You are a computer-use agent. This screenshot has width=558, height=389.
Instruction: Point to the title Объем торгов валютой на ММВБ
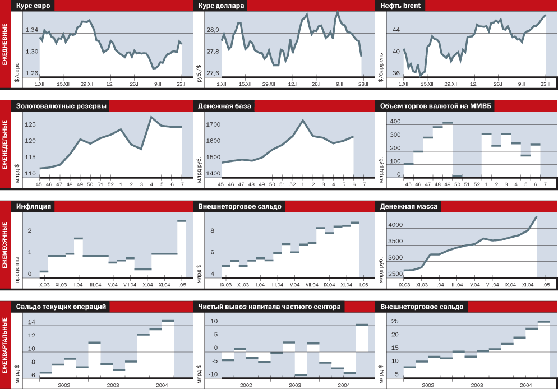[x=436, y=106]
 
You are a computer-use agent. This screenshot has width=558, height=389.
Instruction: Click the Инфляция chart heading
[x=34, y=206]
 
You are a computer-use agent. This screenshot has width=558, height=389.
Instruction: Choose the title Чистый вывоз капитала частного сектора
[x=269, y=307]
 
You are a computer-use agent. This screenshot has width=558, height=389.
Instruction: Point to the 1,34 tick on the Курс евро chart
[x=31, y=30]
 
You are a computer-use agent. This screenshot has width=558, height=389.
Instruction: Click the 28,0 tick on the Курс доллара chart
[x=213, y=30]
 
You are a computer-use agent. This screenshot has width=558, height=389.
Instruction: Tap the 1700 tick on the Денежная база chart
[x=214, y=125]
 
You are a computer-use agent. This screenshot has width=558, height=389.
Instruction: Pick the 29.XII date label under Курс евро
[x=86, y=84]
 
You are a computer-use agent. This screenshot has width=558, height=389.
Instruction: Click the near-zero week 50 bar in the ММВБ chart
[x=458, y=176]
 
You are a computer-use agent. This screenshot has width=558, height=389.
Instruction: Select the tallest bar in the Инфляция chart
[x=182, y=221]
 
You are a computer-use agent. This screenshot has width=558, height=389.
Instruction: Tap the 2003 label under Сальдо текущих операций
[x=113, y=385]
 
